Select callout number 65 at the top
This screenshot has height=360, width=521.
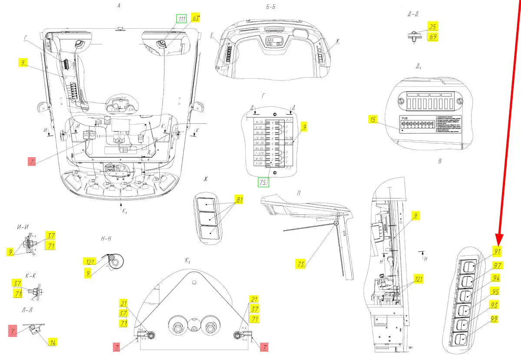(196, 18)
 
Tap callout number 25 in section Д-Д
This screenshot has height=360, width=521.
(433, 27)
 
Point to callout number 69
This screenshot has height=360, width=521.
(433, 37)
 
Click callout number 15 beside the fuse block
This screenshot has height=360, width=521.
(372, 119)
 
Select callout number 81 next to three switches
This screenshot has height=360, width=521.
(239, 200)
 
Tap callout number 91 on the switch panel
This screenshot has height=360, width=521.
(497, 251)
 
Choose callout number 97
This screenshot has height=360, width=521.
(497, 265)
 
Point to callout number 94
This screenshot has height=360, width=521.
(495, 278)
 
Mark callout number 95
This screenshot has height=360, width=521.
(495, 291)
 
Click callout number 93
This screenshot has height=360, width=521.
(494, 305)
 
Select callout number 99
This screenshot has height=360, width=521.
(494, 319)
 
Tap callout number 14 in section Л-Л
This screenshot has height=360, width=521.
(52, 342)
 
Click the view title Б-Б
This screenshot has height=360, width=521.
(271, 7)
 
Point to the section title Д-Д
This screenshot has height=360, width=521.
(413, 14)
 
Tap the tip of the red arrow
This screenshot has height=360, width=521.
(498, 243)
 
